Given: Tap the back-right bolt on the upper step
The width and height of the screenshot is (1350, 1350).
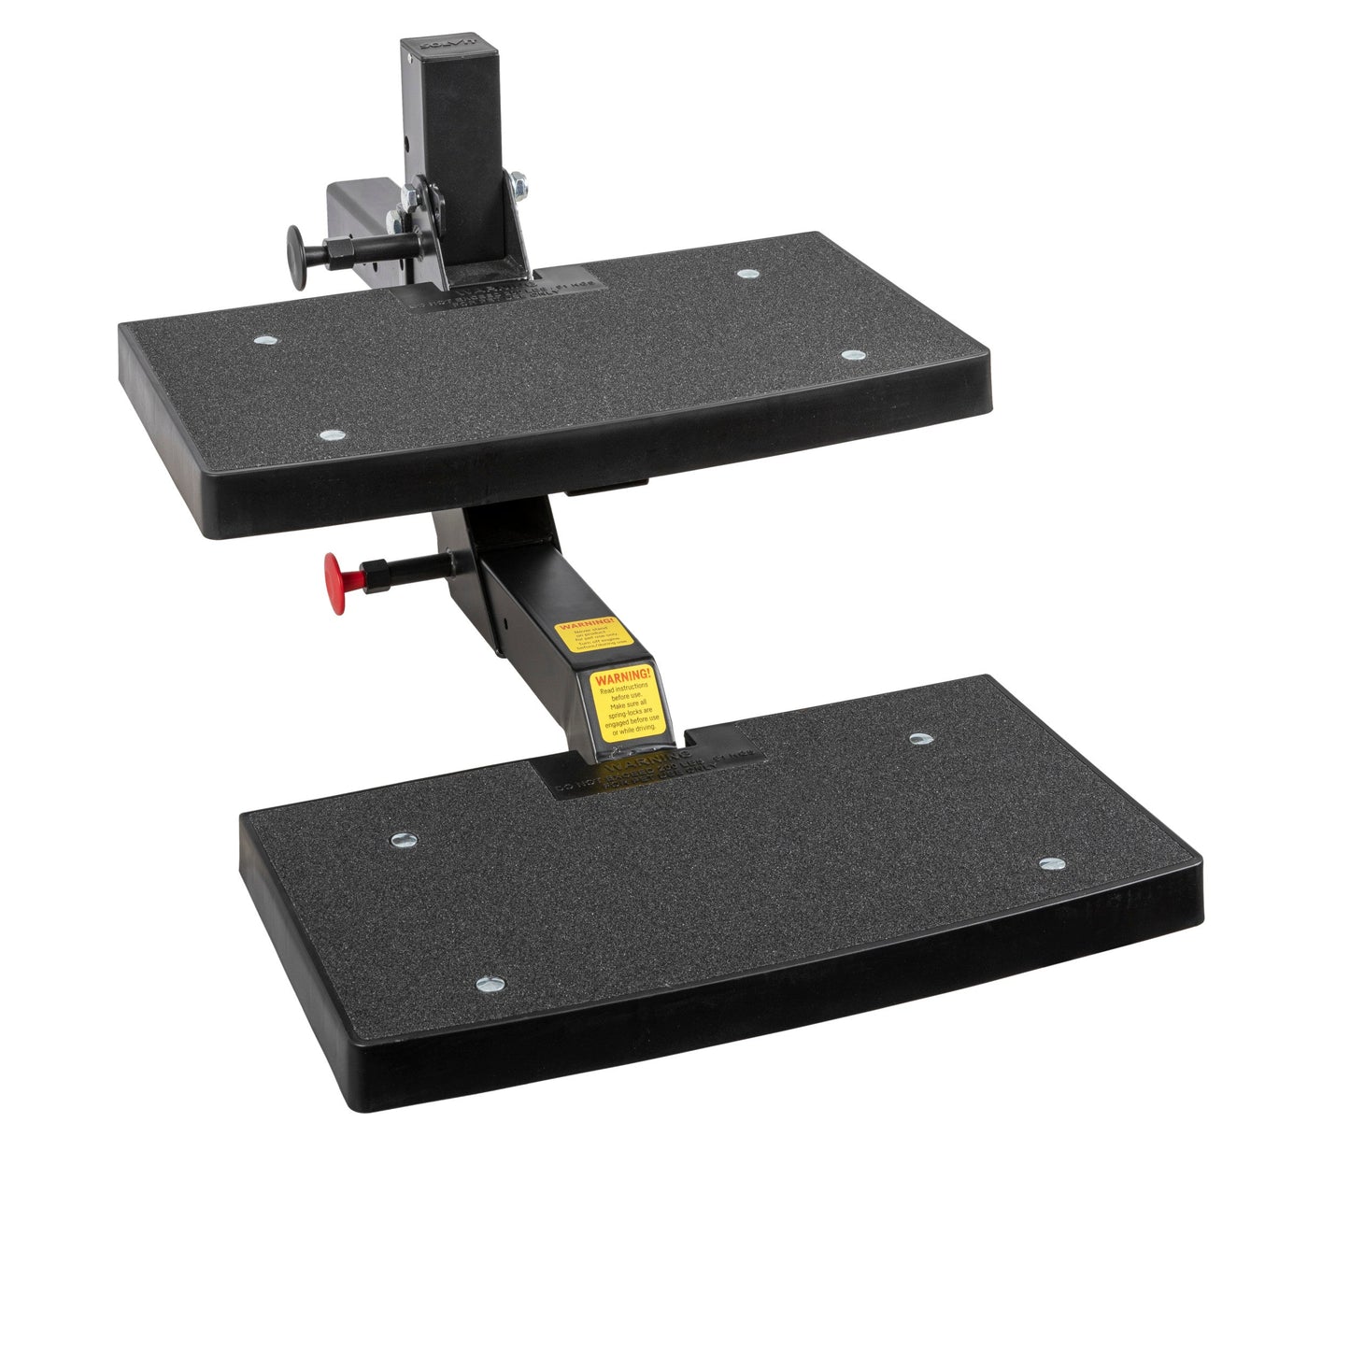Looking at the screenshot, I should point(746,274).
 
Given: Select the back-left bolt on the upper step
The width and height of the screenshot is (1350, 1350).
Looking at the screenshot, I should point(265,341).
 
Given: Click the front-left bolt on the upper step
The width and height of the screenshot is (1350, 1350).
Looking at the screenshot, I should point(330,435).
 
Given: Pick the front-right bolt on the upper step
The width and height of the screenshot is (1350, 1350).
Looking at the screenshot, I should point(852,356).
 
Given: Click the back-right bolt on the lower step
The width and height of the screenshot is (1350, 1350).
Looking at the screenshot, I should point(920,739).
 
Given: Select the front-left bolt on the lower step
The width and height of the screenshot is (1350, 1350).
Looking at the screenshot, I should point(490,984).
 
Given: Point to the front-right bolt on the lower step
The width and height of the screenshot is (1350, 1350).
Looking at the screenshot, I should point(1051,864).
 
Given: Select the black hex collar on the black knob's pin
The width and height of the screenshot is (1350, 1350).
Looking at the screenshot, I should point(336,252).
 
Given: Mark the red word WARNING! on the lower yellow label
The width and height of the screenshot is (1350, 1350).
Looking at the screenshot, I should point(621,675).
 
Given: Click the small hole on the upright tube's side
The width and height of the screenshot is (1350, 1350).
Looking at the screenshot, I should point(407,144).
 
